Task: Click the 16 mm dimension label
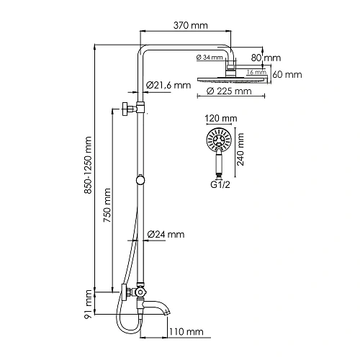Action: pos(255,73)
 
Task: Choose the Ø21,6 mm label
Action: pos(169,86)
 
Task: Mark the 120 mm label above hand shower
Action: pos(220,117)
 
